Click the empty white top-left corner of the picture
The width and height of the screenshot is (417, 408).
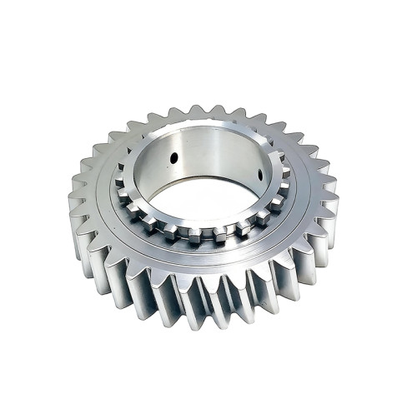(x=17, y=17)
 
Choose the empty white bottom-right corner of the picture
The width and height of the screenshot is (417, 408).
(x=400, y=391)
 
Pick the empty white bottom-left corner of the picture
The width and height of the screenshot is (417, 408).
(x=17, y=391)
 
